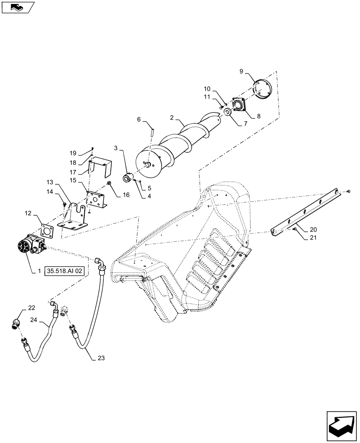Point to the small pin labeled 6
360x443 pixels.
click(x=152, y=130)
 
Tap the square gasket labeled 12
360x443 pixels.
click(x=47, y=231)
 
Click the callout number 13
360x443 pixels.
click(x=49, y=182)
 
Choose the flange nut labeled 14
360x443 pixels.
click(x=64, y=204)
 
